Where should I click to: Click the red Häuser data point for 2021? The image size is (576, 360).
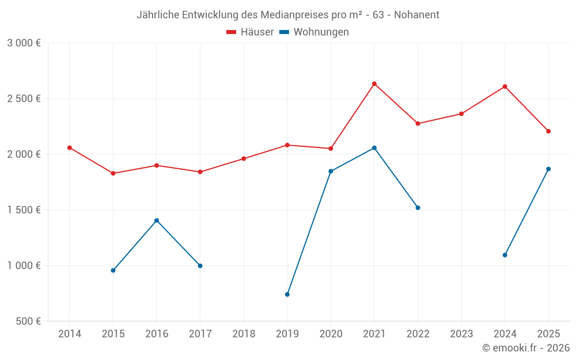coord(374,84)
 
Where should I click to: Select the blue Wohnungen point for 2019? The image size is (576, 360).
coord(287,294)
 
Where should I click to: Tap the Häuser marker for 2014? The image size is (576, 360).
coord(70,148)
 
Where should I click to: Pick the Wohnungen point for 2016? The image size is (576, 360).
coord(157,221)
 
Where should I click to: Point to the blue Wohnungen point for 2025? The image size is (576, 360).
coord(548,169)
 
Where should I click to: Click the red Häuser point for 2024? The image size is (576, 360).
coord(505,87)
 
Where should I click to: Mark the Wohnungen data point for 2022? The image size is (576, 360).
coord(418,208)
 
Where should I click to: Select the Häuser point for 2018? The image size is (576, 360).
coord(244,158)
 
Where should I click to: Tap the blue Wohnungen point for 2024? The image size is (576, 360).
coord(505,255)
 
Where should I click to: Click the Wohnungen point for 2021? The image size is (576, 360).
coord(374,148)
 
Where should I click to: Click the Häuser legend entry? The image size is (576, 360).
coord(250,32)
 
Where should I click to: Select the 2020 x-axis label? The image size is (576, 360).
coord(331,334)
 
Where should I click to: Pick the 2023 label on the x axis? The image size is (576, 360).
coord(461,334)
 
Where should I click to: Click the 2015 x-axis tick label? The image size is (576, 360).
coord(113,334)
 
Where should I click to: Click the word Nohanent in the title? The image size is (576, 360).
coord(416,15)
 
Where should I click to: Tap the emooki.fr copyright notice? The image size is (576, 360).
coord(526,348)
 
